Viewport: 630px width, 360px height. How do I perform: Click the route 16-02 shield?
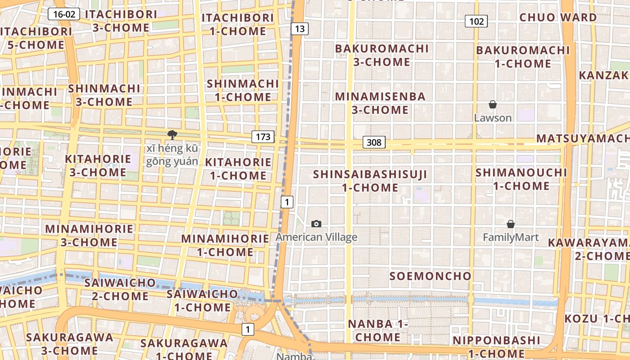(64, 14)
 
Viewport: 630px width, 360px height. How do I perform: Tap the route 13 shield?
(300, 29)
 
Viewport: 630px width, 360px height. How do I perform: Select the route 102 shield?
(476, 21)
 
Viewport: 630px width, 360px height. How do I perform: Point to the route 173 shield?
(263, 136)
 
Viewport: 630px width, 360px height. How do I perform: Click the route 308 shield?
(373, 143)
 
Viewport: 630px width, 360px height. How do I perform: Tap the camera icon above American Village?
(316, 224)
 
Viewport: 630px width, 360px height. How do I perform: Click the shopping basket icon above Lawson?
(493, 105)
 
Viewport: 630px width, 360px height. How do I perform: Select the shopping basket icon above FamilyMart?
(511, 224)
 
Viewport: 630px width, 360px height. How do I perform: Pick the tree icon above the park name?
(171, 135)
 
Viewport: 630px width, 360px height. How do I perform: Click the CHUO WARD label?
(558, 18)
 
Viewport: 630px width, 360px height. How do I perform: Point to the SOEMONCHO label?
(430, 276)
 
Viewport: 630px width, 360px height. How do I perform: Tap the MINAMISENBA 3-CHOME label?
(380, 103)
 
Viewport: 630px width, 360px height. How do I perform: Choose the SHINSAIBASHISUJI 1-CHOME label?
(370, 181)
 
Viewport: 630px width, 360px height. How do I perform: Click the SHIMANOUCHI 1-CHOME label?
(521, 179)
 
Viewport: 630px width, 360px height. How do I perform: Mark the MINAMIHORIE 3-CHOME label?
(89, 235)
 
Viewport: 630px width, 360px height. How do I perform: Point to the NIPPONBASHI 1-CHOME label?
(496, 346)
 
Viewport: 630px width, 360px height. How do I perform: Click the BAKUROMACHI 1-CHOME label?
(523, 57)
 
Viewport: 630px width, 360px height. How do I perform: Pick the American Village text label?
(316, 237)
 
